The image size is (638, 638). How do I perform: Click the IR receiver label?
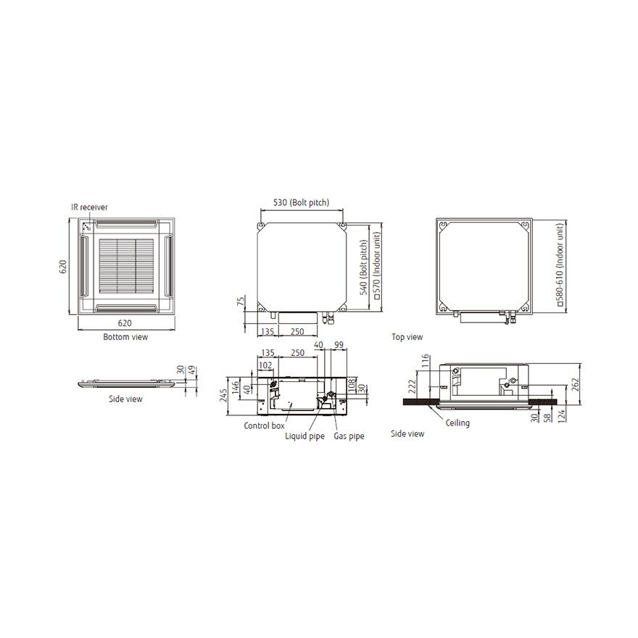coord(89,207)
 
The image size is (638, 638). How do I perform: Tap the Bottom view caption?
coord(125,337)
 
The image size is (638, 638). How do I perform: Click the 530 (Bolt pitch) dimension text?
coord(301,202)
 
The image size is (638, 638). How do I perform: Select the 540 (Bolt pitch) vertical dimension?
coord(364,267)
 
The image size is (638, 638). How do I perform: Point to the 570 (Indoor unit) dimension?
coord(377,266)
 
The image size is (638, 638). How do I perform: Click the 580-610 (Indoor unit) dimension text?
coord(560,265)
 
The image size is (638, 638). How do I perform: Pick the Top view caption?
coord(407,337)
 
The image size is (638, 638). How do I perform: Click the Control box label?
coord(264,426)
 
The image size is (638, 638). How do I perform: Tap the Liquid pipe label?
coord(304,436)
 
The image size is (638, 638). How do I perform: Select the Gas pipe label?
coord(349,436)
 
